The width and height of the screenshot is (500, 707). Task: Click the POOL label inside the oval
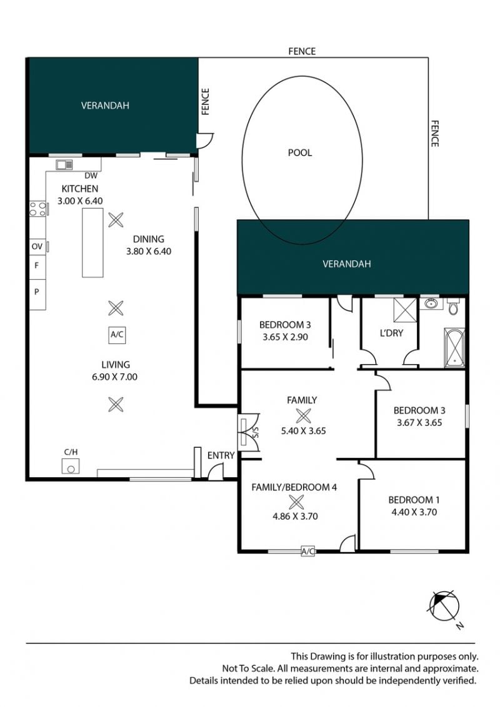click(299, 153)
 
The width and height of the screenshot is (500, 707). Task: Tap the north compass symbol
click(444, 606)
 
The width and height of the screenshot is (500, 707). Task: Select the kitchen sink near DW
click(64, 165)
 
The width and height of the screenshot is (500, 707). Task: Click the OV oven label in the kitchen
click(37, 247)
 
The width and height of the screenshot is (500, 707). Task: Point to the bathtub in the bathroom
click(454, 347)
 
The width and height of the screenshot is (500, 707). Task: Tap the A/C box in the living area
click(117, 335)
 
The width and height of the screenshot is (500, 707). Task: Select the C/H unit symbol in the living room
click(71, 466)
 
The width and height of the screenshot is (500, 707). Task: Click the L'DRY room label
click(391, 334)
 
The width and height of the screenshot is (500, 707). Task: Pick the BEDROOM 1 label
click(414, 500)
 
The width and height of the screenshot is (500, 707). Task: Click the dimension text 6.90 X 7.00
click(114, 377)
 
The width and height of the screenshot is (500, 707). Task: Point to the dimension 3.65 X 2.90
click(285, 337)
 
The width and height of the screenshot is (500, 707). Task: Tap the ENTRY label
click(221, 456)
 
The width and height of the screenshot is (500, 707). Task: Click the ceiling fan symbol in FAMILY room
click(302, 416)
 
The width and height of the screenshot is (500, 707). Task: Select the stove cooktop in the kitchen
click(38, 209)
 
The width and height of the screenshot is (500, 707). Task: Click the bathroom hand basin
click(428, 303)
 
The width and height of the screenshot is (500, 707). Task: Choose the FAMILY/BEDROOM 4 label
click(294, 487)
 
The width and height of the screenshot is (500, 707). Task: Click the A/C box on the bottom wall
click(307, 551)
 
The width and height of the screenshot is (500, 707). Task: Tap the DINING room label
click(149, 239)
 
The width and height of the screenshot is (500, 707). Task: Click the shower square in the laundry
click(405, 309)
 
